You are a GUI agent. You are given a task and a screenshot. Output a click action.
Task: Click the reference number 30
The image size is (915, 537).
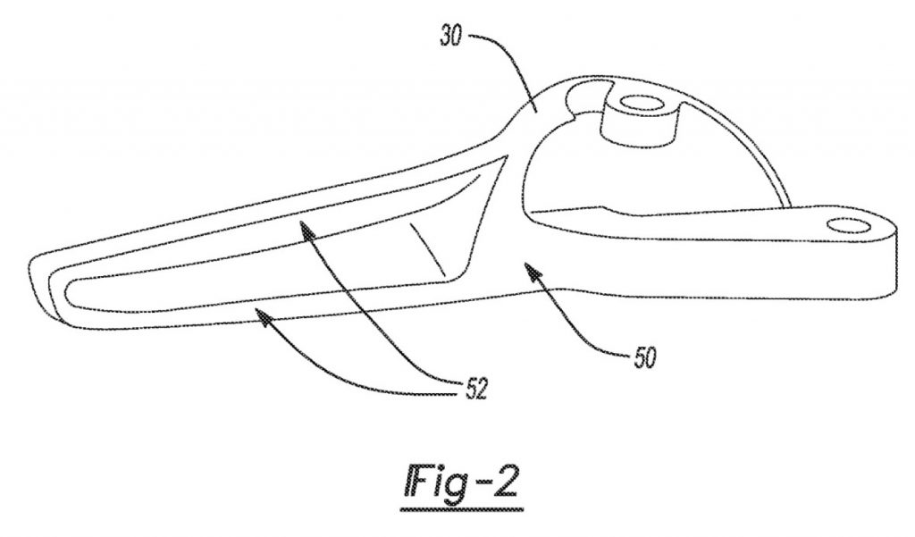coord(451,37)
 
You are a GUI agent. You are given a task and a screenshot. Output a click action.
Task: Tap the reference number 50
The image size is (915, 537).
coord(644,357)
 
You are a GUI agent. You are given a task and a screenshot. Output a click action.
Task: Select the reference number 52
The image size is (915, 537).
coord(476,389)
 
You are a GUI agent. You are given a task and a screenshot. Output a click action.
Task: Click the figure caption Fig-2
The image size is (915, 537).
coord(460,482)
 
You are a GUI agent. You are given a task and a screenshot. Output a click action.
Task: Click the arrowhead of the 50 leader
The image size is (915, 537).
coord(533,270)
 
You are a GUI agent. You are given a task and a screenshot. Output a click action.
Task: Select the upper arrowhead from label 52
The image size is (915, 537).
coord(307,231)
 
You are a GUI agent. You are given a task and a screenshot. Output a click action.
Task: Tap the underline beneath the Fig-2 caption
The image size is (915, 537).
coord(462,509)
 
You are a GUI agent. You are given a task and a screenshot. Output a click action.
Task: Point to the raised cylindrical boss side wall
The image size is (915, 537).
coord(639,129)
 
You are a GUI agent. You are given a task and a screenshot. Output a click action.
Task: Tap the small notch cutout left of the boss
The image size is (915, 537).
coord(586,96)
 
